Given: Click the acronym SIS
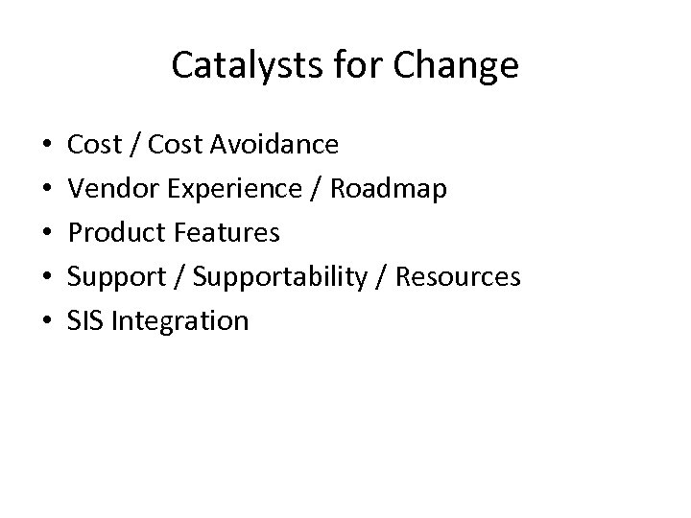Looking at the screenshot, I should click(x=85, y=320).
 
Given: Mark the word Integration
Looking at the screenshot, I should click(x=179, y=320).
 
